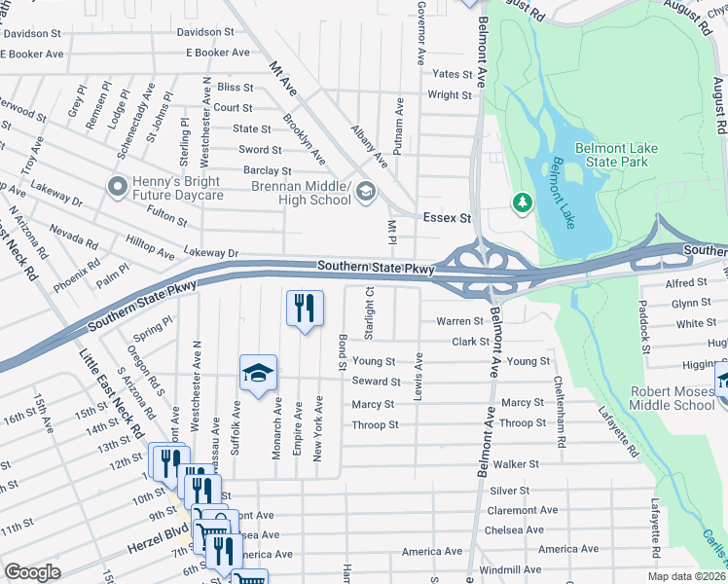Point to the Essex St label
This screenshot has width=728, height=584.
(446, 219)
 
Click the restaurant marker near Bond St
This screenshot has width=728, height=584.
(305, 310)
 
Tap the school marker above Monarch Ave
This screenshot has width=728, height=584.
(259, 374)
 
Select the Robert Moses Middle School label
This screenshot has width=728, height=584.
(672, 397)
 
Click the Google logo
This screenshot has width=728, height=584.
(32, 571)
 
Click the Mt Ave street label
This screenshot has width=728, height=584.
(281, 82)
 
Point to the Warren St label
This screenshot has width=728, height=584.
(459, 320)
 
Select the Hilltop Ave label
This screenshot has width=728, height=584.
(151, 252)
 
